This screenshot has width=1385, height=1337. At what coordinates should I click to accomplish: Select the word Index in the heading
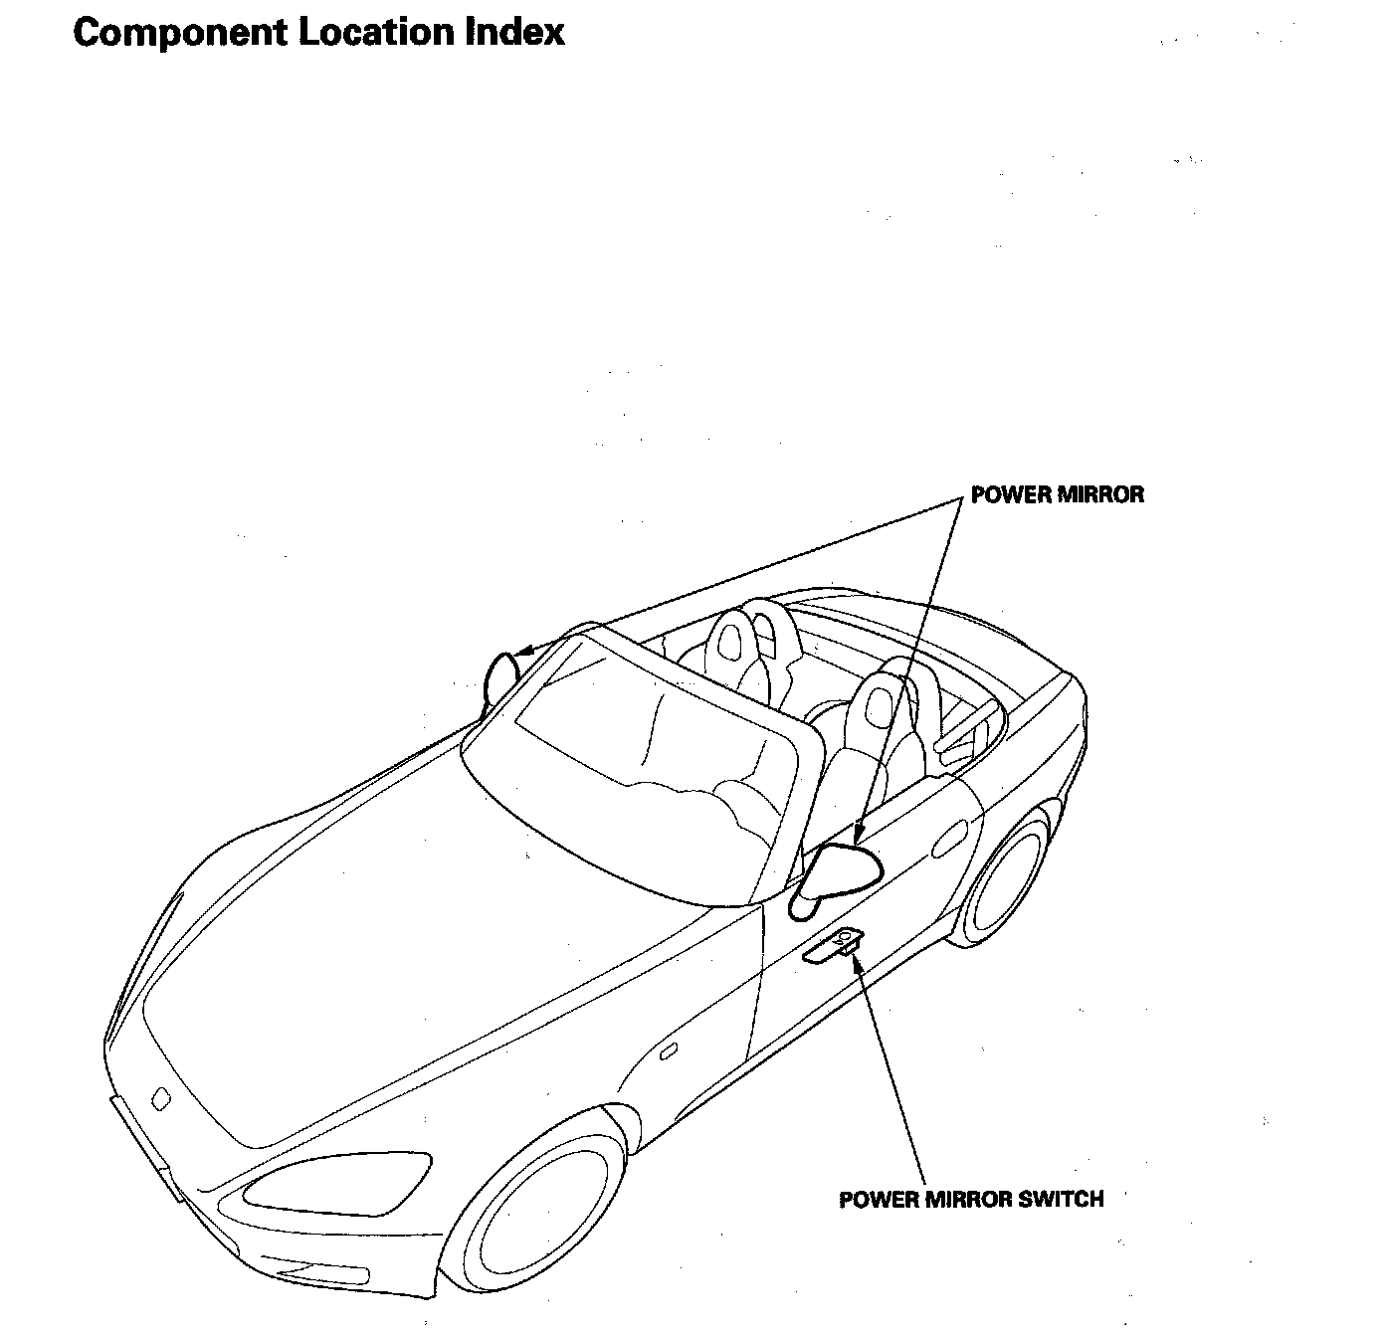coord(516,32)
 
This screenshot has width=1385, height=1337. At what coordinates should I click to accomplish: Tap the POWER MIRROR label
coord(1058,494)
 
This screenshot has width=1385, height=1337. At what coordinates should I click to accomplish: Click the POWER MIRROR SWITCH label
coord(971,1199)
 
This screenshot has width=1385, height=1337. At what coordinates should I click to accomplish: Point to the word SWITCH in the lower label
coord(1062,1199)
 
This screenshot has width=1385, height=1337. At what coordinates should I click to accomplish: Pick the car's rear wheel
coord(1007,875)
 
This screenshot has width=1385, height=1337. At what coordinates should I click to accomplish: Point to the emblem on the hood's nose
coord(159,1098)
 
